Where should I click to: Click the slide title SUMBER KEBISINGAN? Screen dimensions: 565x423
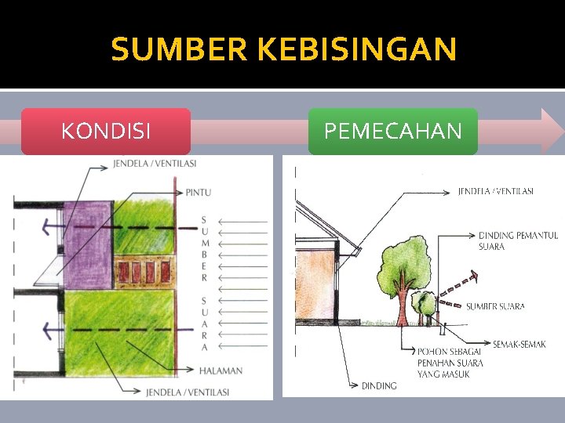[283, 50]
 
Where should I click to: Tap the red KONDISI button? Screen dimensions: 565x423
[106, 131]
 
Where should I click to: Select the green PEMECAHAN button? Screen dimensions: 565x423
[392, 131]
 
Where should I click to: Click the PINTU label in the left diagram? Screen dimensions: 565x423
[198, 192]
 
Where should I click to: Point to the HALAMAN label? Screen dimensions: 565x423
[221, 371]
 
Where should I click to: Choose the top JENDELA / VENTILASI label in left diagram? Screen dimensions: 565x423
[155, 164]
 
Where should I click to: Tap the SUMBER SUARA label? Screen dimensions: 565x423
[495, 306]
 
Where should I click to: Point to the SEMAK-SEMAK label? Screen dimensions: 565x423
[519, 344]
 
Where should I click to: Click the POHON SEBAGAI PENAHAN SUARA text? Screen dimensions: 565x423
[450, 363]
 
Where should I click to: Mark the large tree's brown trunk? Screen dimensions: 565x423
[402, 305]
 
